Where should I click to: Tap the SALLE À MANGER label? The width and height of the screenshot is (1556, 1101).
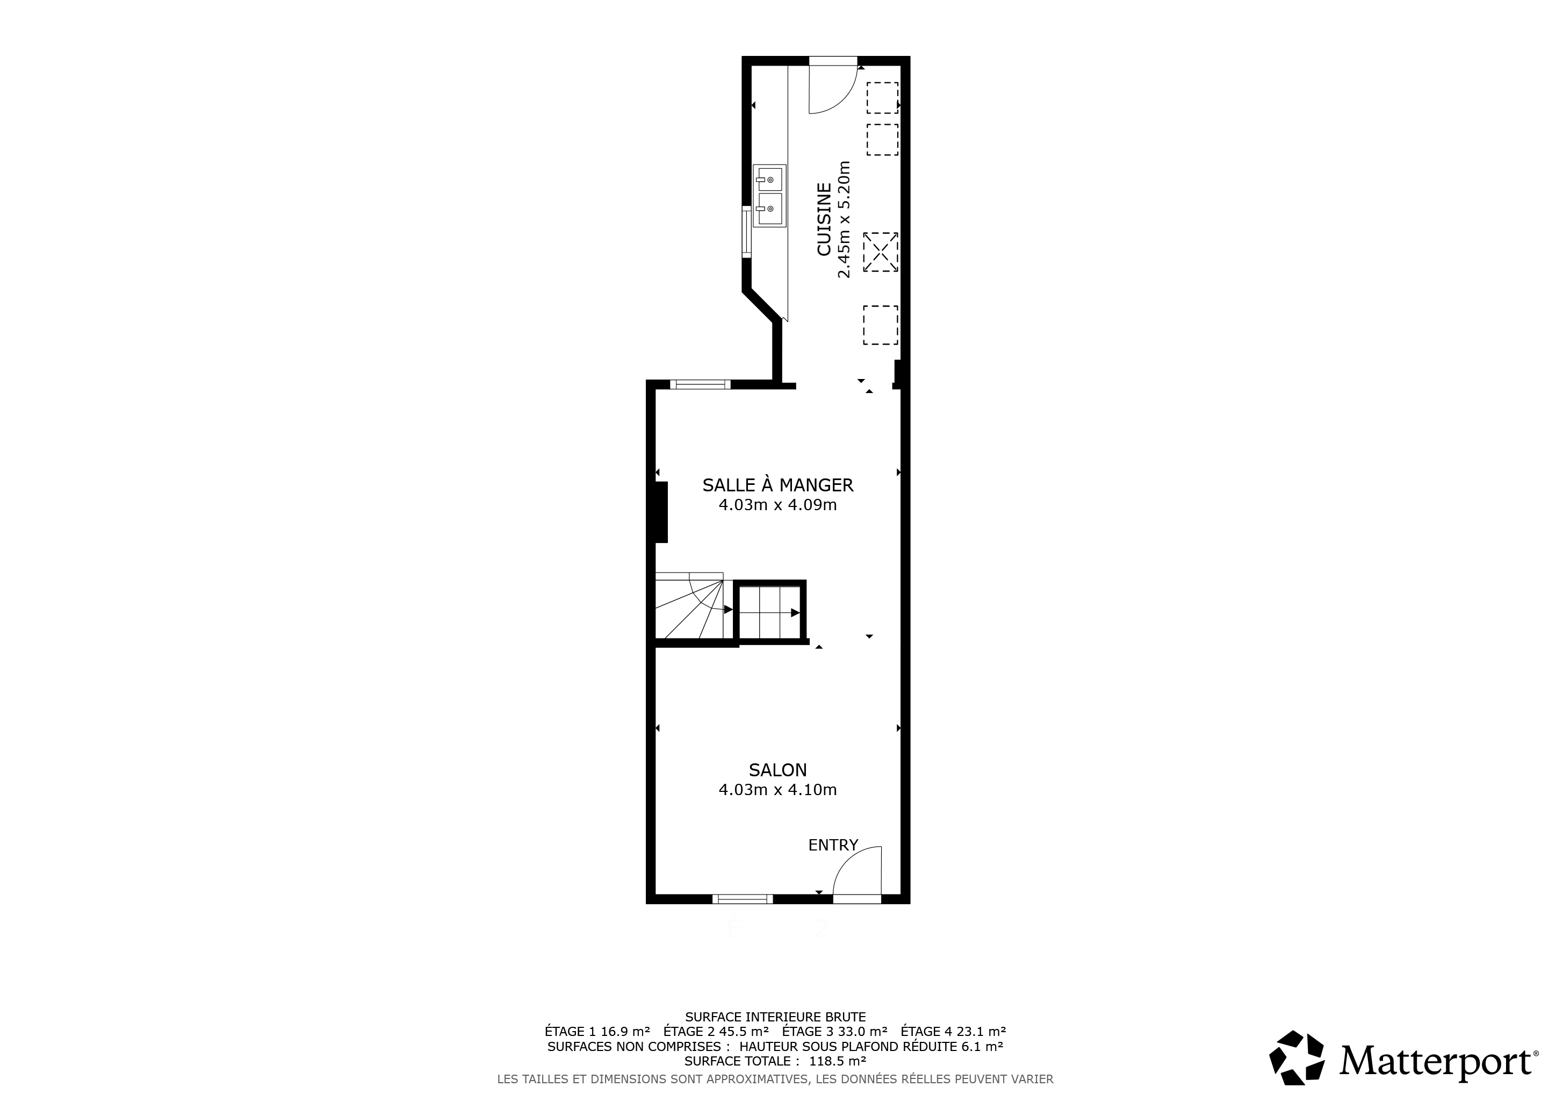coord(778,485)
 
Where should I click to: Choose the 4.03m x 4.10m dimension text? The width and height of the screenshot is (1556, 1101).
coord(778,790)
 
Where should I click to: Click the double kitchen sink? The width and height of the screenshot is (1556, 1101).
coord(769,195)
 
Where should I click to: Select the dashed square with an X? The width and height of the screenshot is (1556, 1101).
coord(880,252)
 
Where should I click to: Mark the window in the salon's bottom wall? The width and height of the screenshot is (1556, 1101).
coord(742,899)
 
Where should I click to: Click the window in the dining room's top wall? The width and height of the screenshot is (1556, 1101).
coord(700,384)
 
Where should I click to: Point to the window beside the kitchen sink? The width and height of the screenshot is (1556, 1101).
coord(747,232)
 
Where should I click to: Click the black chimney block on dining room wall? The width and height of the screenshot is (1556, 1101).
coord(661,512)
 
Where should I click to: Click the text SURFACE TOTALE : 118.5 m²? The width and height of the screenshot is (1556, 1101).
coord(775,1061)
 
